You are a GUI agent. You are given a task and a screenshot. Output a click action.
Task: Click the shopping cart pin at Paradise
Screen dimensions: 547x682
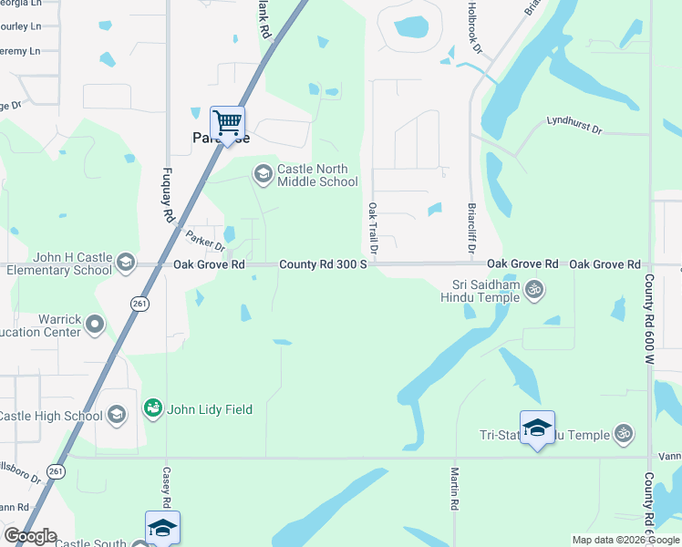(x=227, y=121)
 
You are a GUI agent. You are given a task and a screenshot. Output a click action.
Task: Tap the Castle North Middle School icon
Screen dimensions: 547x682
(x=263, y=174)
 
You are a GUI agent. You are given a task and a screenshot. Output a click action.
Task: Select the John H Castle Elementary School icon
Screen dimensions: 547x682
(x=126, y=263)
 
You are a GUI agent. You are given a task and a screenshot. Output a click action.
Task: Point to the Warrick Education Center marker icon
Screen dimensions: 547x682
(x=95, y=324)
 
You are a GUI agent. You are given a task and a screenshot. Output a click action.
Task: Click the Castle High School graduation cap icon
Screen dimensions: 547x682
(x=116, y=416)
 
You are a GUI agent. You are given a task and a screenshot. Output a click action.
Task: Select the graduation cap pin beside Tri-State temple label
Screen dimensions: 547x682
(x=537, y=428)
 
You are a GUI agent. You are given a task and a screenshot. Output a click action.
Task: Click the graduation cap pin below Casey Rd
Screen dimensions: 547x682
(x=162, y=528)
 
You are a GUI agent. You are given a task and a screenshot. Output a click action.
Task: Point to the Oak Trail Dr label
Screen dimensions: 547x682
(x=372, y=229)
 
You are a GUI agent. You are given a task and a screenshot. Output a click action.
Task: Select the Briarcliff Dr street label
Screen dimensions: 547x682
(x=471, y=228)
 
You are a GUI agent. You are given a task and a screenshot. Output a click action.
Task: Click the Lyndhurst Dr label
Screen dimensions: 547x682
(x=574, y=125)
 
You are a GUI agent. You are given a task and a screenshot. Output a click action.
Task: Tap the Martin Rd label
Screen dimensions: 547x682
(x=454, y=489)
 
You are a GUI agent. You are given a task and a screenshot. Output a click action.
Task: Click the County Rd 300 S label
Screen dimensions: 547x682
(x=323, y=264)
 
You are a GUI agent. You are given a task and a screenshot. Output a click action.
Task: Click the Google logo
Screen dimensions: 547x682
(x=30, y=536)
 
